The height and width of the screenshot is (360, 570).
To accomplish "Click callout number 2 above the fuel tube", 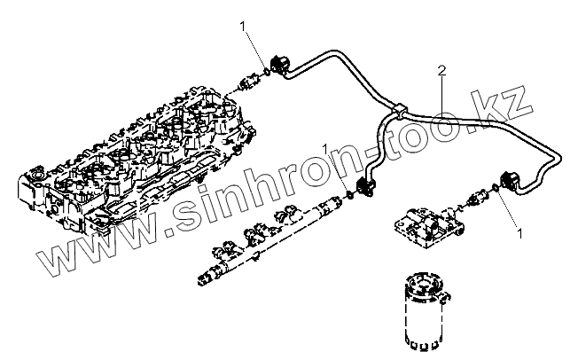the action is (x=441, y=69).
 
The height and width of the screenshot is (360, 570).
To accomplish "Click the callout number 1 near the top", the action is (x=242, y=29).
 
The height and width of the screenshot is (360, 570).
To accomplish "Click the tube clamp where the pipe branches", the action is (x=400, y=113).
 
